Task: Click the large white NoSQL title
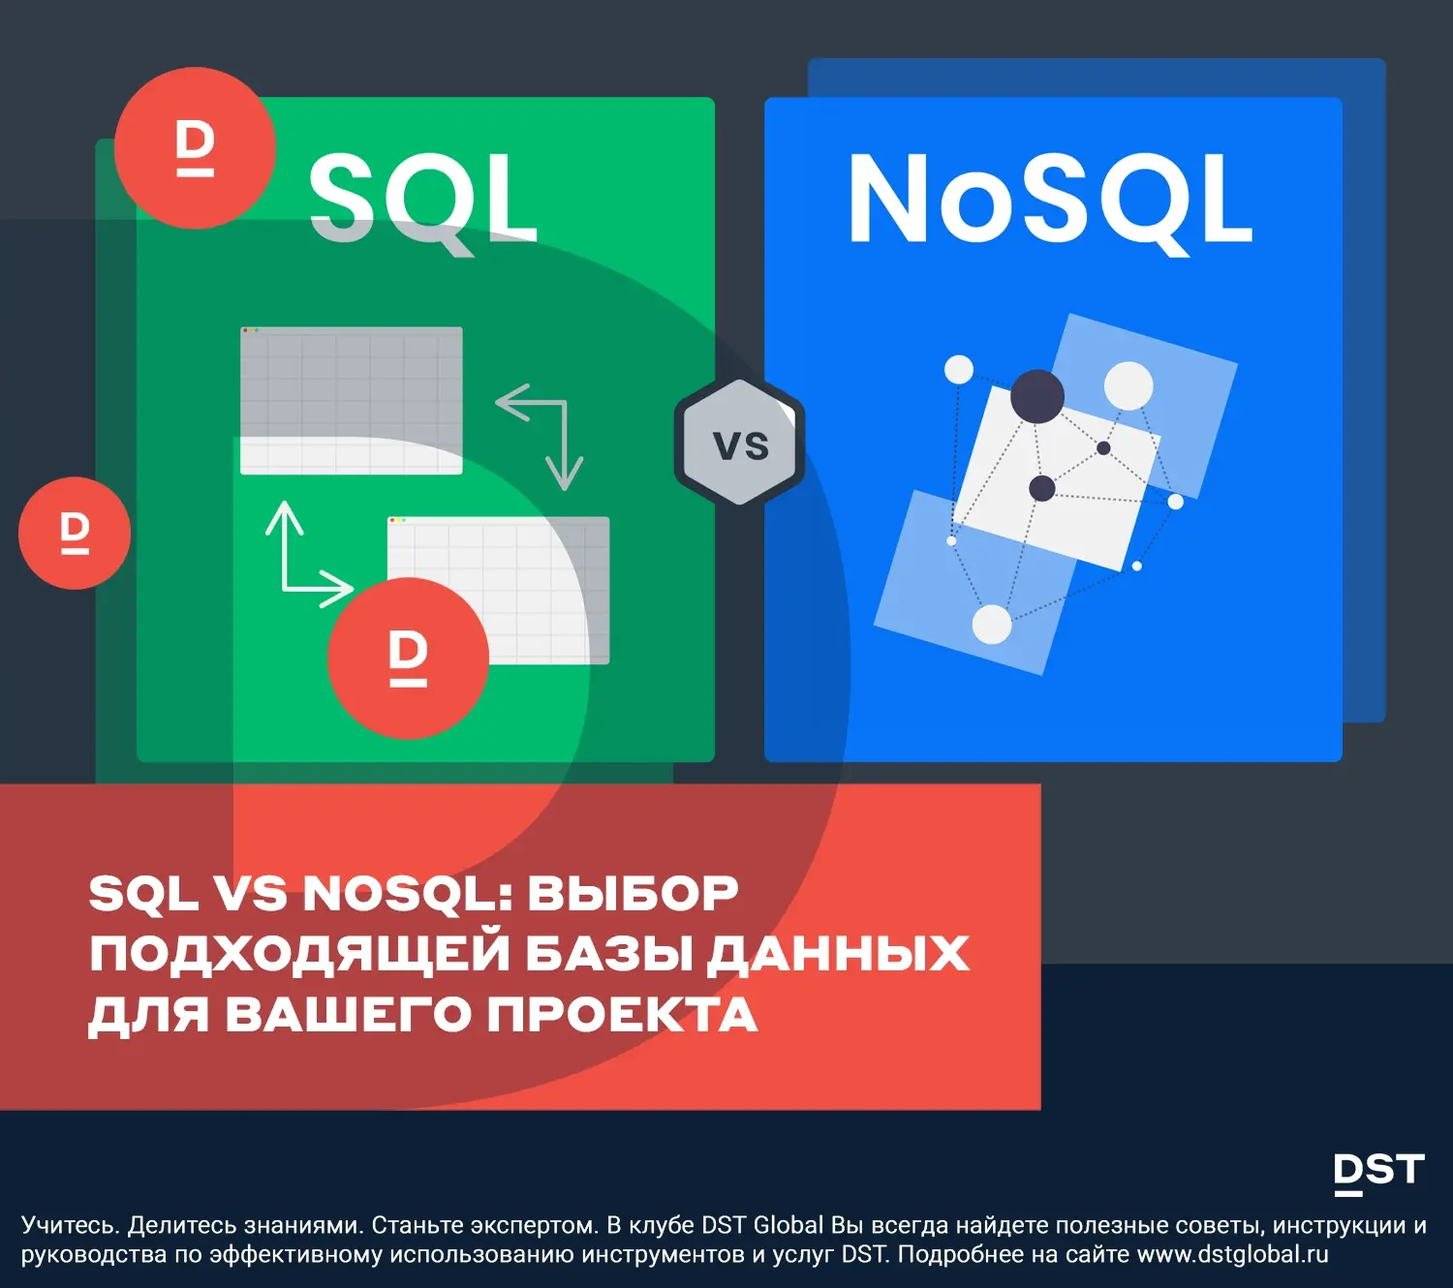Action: click(x=1051, y=200)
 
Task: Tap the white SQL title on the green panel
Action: click(x=423, y=200)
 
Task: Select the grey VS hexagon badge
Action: click(x=739, y=442)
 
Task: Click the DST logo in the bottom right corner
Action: click(x=1379, y=1174)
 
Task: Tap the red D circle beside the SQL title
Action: click(x=195, y=148)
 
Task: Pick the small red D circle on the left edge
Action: click(x=75, y=533)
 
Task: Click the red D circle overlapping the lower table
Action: click(x=408, y=659)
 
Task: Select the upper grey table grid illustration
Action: click(x=352, y=400)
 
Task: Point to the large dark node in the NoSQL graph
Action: click(x=1037, y=397)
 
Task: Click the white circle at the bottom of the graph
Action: click(x=992, y=624)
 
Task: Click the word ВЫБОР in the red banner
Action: click(x=634, y=894)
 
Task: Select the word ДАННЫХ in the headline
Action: click(x=838, y=954)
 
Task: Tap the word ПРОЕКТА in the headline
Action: click(x=623, y=1014)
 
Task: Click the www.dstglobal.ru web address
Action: click(x=1233, y=1254)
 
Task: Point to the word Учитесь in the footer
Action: click(x=71, y=1225)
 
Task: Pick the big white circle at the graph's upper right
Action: click(x=1128, y=385)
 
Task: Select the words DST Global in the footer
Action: click(x=762, y=1225)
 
